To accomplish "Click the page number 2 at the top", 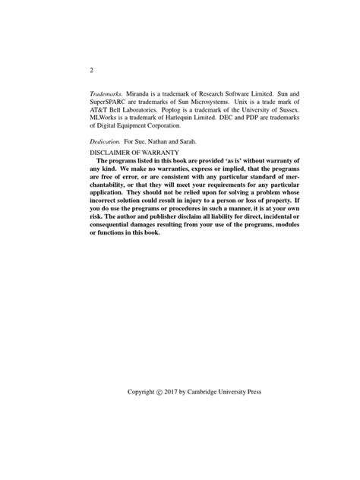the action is point(91,71).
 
